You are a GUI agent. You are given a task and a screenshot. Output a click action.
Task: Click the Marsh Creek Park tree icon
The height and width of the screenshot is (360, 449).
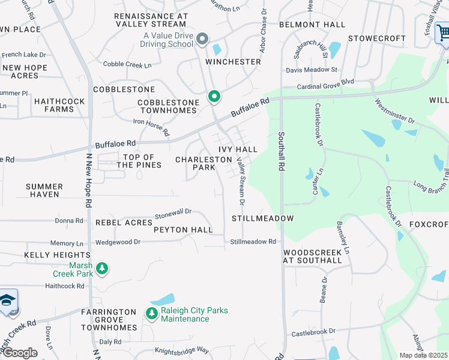(103, 268)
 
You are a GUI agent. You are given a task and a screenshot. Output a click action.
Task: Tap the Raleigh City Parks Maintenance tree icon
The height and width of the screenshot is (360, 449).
(151, 313)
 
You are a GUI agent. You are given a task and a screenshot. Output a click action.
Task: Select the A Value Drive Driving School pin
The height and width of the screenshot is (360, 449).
(202, 40)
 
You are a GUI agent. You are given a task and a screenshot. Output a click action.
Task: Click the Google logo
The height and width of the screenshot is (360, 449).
(20, 353)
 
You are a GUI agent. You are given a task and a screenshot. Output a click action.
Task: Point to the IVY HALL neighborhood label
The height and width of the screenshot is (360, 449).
(238, 149)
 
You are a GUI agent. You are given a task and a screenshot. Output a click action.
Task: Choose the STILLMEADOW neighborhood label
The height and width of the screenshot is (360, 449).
(263, 218)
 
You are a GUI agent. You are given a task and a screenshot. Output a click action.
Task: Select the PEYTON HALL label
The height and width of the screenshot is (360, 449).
(183, 230)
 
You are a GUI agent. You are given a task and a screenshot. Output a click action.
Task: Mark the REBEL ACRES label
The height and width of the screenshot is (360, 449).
(124, 223)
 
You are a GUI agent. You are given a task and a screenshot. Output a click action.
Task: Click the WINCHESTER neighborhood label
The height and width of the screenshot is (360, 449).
(233, 62)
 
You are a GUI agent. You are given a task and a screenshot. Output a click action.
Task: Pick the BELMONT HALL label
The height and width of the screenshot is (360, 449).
(312, 25)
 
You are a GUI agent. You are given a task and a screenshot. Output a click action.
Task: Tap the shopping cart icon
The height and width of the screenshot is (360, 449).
(443, 33)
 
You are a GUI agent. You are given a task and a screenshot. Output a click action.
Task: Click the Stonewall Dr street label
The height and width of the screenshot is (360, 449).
(173, 212)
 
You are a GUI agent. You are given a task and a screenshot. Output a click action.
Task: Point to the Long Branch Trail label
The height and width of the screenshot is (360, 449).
(431, 181)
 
